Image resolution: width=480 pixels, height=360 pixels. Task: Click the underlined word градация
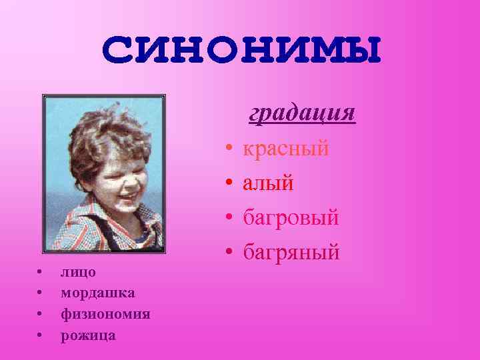pyautogui.click(x=302, y=113)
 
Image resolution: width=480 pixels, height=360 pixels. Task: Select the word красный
pyautogui.click(x=286, y=148)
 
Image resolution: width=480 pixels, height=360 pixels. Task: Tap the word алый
pyautogui.click(x=267, y=183)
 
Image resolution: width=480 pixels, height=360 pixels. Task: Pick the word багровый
pyautogui.click(x=291, y=217)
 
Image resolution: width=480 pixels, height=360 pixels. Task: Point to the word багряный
pyautogui.click(x=291, y=252)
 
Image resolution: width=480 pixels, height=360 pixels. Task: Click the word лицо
pyautogui.click(x=78, y=272)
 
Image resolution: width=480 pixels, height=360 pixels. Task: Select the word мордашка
pyautogui.click(x=97, y=293)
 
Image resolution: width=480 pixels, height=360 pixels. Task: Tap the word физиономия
pyautogui.click(x=105, y=314)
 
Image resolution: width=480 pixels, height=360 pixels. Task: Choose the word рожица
pyautogui.click(x=88, y=335)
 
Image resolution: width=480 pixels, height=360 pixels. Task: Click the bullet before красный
pyautogui.click(x=228, y=149)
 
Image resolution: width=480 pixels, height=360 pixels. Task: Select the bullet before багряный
pyautogui.click(x=228, y=253)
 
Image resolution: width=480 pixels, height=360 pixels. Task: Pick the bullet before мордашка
pyautogui.click(x=41, y=293)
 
